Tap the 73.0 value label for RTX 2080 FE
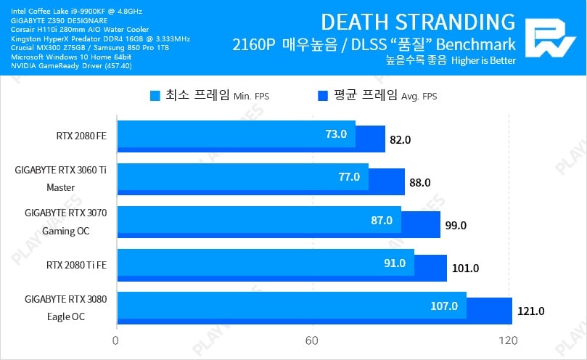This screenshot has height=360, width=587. [336, 134]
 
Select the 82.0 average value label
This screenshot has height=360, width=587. [401, 139]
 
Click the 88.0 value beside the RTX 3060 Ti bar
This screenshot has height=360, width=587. [420, 182]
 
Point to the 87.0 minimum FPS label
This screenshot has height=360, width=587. [381, 220]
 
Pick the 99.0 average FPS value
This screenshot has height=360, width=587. [456, 225]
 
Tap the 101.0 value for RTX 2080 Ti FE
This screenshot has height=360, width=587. [465, 268]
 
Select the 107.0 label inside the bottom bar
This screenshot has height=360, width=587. [444, 306]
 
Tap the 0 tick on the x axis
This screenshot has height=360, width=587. [116, 341]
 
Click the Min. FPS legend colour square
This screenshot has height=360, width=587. [155, 95]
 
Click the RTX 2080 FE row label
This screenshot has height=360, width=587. [81, 136]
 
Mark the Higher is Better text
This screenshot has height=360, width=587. [483, 61]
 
